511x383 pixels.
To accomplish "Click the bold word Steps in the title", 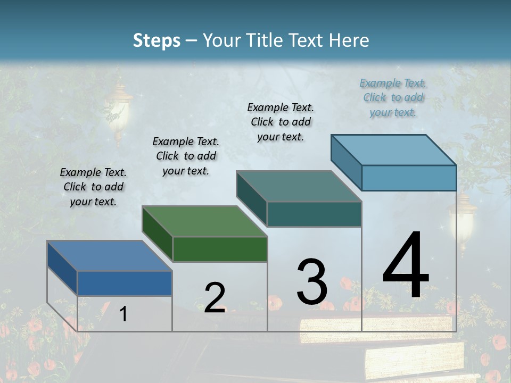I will (156, 40).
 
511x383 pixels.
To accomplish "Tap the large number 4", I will (406, 265).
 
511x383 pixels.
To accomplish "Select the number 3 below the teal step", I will (312, 281).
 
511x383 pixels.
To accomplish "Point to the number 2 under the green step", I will (215, 298).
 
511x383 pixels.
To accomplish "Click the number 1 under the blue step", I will (123, 314).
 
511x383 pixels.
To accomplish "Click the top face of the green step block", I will (204, 221).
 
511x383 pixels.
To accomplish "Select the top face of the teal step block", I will (299, 186).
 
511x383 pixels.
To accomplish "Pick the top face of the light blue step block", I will (393, 149).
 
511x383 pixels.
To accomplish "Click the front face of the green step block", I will (220, 249).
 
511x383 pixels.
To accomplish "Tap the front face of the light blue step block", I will (409, 178).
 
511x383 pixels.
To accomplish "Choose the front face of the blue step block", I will (125, 283).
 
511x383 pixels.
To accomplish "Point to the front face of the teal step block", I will (314, 214).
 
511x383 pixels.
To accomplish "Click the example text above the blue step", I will (93, 187).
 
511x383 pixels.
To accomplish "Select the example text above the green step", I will (186, 156).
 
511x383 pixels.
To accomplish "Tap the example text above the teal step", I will (281, 122).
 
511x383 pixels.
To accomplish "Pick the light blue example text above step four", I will (393, 97).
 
